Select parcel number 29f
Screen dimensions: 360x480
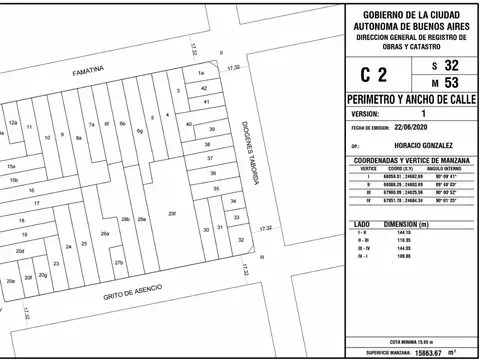click(172, 213)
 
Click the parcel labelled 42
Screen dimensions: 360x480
click(204, 87)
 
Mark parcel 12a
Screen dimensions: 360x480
click(14, 123)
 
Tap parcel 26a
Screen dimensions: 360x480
click(104, 234)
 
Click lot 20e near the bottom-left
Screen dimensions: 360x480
click(11, 281)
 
